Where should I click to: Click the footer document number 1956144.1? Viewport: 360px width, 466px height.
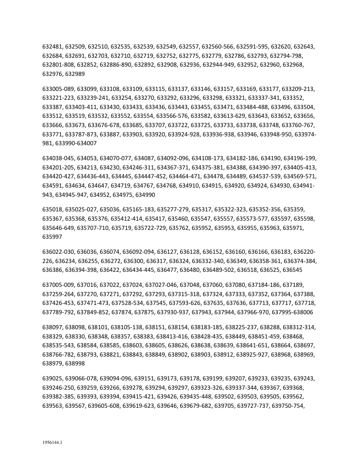[52, 441]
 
